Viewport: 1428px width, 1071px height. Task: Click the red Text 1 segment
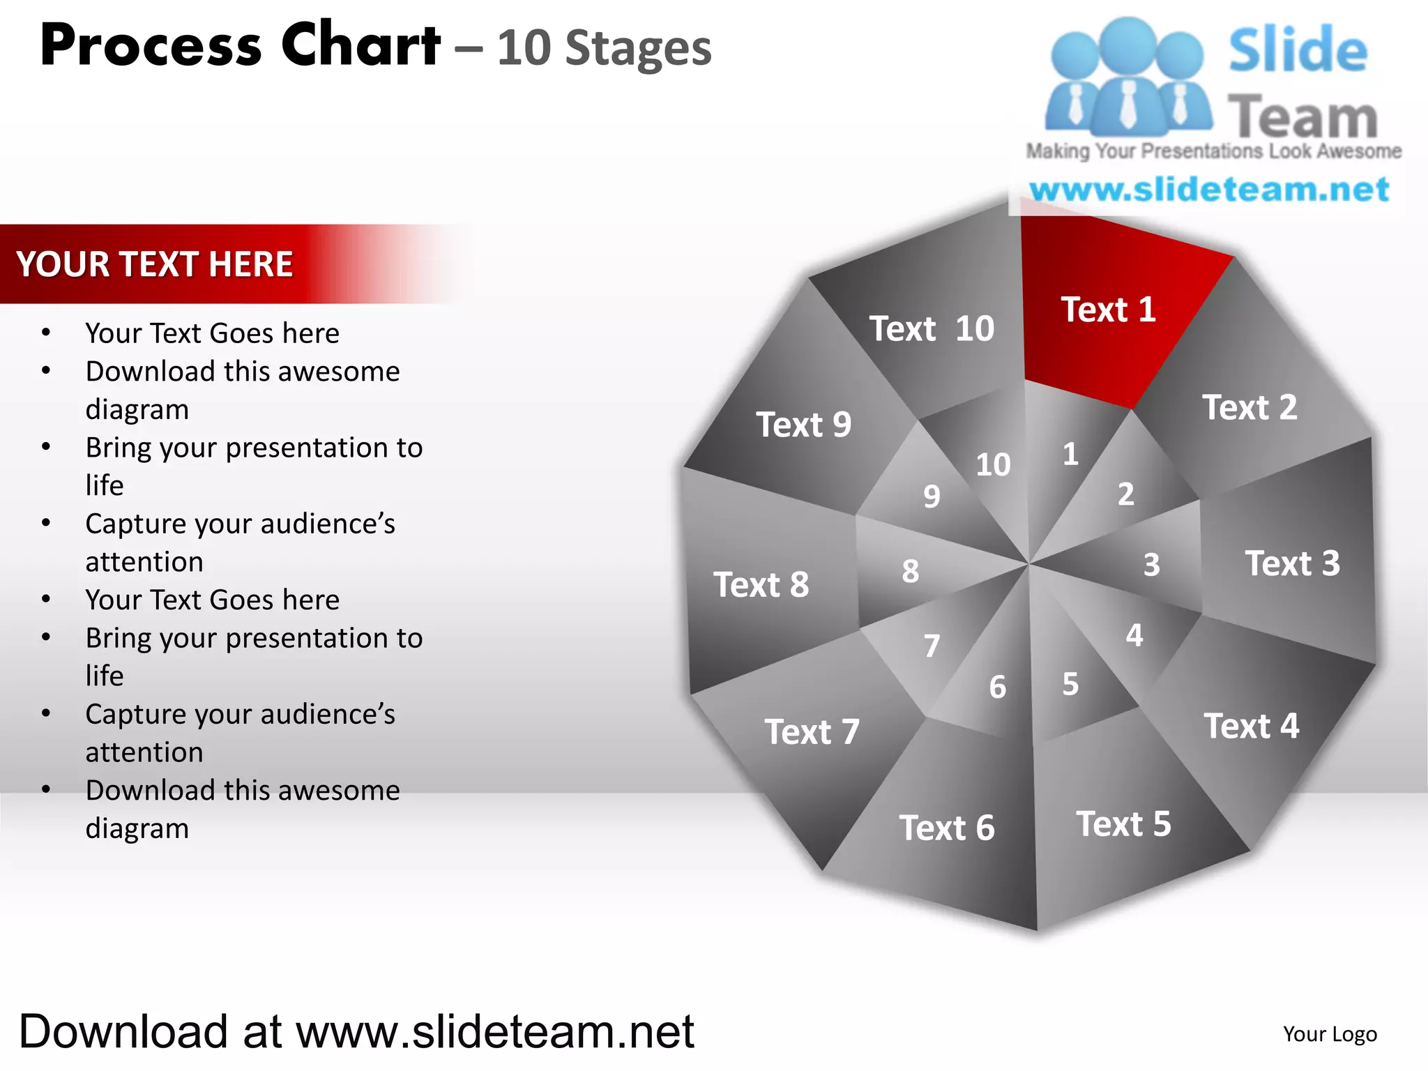pyautogui.click(x=1108, y=310)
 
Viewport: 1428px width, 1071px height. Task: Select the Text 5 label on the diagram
pyautogui.click(x=1123, y=824)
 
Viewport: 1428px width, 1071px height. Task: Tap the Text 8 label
pyautogui.click(x=761, y=584)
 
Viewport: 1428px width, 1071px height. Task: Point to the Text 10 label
pyautogui.click(x=932, y=329)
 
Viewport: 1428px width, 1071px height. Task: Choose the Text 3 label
pyautogui.click(x=1292, y=563)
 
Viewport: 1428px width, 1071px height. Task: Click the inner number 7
pyautogui.click(x=932, y=646)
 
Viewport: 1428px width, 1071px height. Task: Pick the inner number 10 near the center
pyautogui.click(x=993, y=465)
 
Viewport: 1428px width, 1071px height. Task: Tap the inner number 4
pyautogui.click(x=1134, y=635)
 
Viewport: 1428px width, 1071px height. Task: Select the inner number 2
pyautogui.click(x=1125, y=494)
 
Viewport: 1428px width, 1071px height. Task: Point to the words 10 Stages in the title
pyautogui.click(x=604, y=49)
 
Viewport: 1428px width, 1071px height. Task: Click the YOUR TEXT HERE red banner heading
pyautogui.click(x=155, y=264)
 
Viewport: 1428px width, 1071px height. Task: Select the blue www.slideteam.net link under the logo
pyautogui.click(x=1209, y=190)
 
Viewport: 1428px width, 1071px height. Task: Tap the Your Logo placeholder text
pyautogui.click(x=1330, y=1034)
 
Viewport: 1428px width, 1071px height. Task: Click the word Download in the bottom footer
pyautogui.click(x=123, y=1032)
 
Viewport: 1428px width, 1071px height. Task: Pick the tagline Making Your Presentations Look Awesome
pyautogui.click(x=1213, y=151)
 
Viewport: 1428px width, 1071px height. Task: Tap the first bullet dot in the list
pyautogui.click(x=46, y=333)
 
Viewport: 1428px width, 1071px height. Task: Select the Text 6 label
pyautogui.click(x=946, y=828)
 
